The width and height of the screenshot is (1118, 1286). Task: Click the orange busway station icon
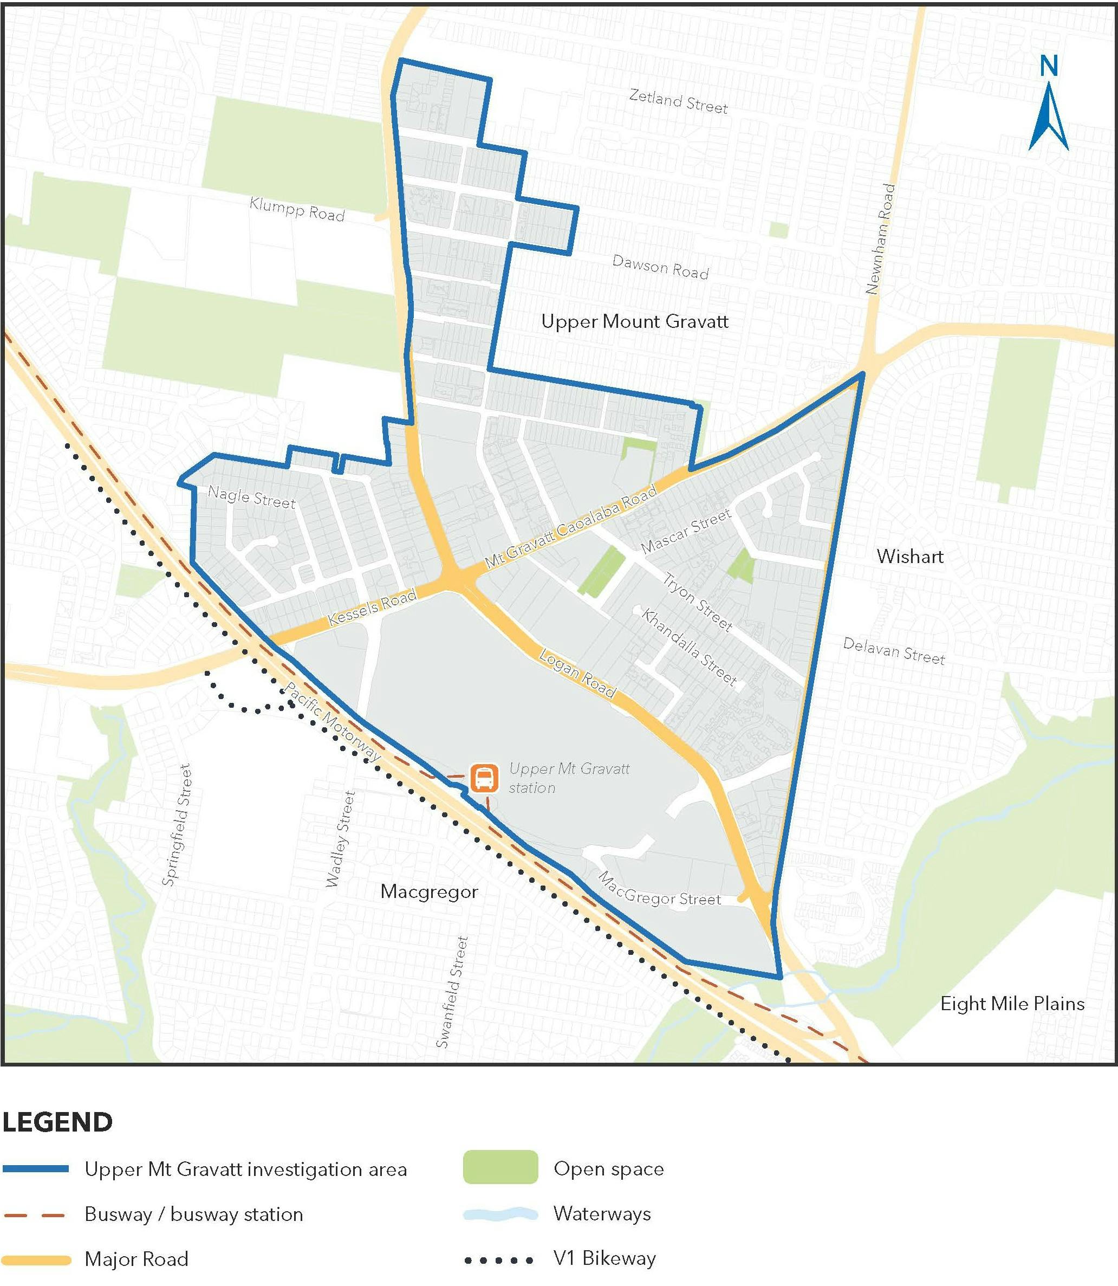pos(484,778)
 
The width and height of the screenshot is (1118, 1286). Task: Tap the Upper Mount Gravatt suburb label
pos(634,321)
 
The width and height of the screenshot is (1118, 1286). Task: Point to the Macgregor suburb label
pos(429,892)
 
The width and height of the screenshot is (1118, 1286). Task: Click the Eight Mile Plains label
pos(1012,1004)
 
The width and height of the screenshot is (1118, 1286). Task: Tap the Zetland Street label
pos(678,101)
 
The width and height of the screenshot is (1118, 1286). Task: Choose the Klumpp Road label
pos(297,209)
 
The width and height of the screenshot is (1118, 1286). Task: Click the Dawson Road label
pos(660,267)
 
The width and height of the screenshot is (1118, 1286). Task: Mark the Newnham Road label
pos(880,238)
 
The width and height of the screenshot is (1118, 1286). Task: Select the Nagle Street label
pos(251,497)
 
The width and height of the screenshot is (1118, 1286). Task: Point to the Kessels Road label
pos(372,608)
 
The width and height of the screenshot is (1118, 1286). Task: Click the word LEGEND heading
pos(57,1122)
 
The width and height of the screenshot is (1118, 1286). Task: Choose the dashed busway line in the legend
pos(35,1214)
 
